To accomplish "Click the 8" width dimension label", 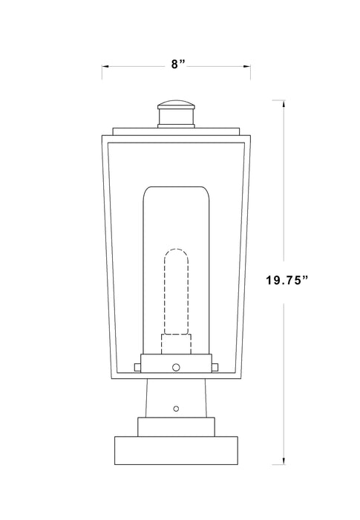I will pos(177,65).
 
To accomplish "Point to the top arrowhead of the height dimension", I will pos(283,103).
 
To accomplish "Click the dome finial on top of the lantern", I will pos(177,104).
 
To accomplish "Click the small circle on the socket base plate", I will pos(176,365).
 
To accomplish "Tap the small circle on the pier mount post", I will pos(176,408).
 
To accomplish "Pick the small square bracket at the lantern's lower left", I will pos(137,365).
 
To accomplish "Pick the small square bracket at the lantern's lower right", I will pos(215,365).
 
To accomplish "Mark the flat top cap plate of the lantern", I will pos(177,131).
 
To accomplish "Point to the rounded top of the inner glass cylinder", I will pos(176,189).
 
